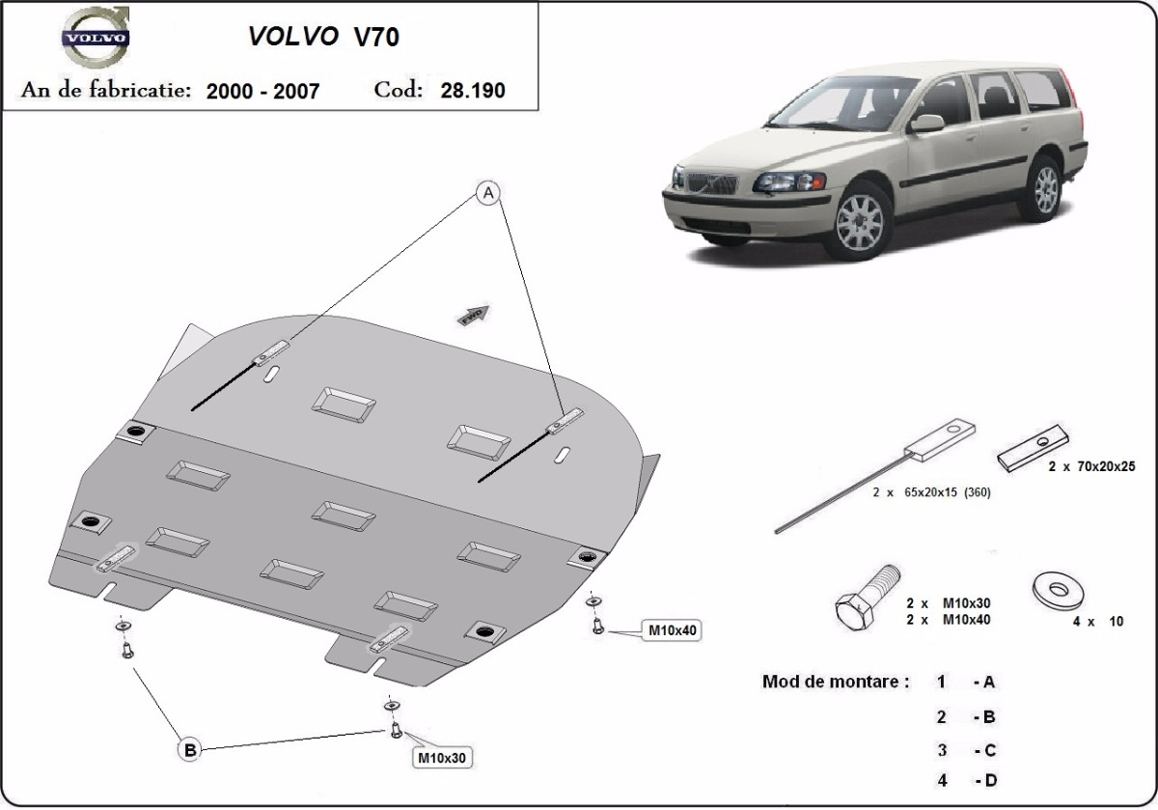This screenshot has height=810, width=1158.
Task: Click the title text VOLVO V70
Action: coord(324,36)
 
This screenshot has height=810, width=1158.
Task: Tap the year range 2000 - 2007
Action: coord(262,91)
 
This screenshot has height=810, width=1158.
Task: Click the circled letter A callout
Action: coord(489,194)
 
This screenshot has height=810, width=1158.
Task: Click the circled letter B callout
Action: coord(190,748)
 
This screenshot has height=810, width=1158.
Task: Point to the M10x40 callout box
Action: coord(673,630)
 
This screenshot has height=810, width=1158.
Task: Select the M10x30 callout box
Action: coord(442,758)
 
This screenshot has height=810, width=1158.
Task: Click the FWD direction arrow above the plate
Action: coord(475,314)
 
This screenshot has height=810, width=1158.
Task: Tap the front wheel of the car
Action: coord(860,218)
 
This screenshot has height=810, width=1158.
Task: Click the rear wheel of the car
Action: coord(1046,188)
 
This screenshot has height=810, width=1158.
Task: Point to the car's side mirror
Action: coord(926,124)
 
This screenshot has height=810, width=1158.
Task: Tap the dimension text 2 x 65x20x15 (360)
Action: coord(931,492)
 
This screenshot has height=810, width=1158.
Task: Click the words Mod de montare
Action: coord(836,682)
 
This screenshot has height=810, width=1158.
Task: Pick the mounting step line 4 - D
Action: coord(965,780)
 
